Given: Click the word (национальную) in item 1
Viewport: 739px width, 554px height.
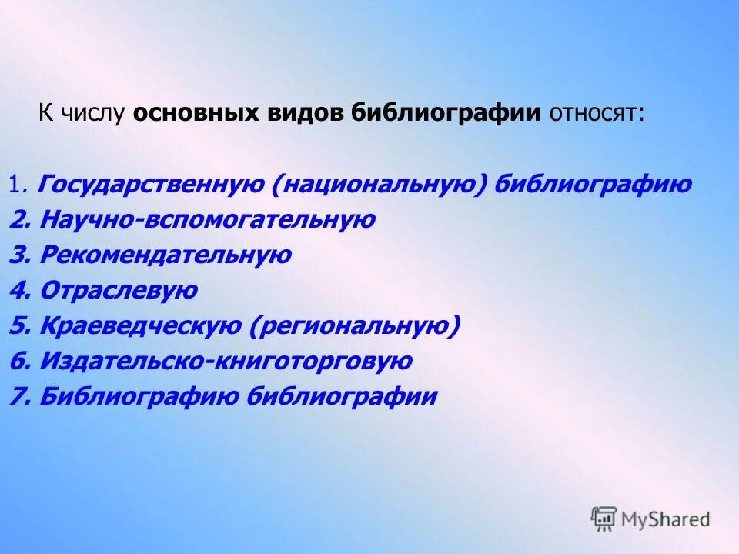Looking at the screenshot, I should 378,185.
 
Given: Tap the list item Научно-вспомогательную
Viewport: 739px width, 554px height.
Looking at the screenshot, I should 207,220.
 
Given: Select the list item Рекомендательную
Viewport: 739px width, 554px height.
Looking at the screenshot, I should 166,255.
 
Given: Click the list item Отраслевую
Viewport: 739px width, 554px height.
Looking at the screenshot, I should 119,291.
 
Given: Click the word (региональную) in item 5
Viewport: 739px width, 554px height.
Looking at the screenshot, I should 355,326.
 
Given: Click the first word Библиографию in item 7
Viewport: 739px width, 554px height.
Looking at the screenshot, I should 139,397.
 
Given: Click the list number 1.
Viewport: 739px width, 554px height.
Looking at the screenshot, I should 17,185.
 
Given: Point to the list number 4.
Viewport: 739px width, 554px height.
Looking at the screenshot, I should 18,291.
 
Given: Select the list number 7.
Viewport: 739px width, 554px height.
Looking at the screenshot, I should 18,397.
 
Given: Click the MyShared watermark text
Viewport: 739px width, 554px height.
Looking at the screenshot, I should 665,519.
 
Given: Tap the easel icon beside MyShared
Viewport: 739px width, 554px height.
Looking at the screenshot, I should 604,519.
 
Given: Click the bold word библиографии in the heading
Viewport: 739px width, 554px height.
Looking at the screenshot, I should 446,115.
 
